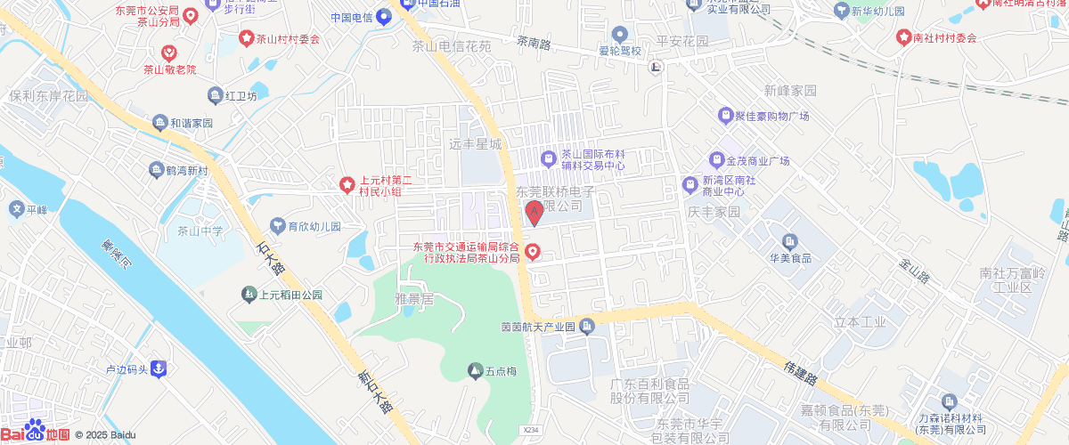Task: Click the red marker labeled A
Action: [534, 213]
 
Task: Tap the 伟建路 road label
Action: [802, 372]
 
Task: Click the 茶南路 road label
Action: [534, 41]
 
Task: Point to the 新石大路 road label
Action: [374, 392]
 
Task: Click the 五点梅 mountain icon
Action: [475, 369]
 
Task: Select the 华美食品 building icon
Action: [788, 241]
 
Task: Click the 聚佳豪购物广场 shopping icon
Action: [724, 116]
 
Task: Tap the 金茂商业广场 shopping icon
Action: [716, 161]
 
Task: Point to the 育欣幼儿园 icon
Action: [277, 226]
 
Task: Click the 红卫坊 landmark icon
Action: [215, 95]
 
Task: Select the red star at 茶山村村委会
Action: [247, 38]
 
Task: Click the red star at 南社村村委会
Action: [903, 38]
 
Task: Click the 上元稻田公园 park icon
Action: [249, 295]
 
